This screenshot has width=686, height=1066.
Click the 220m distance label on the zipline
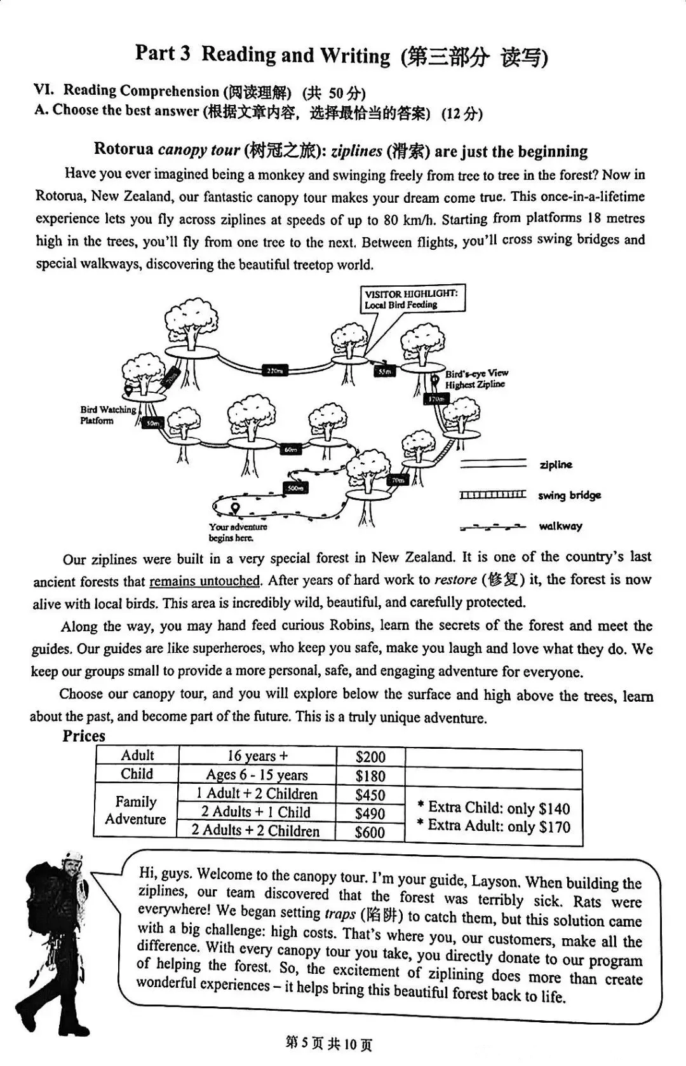(x=275, y=371)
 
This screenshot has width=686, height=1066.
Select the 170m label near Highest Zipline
(x=436, y=399)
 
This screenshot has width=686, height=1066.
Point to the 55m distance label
(x=384, y=371)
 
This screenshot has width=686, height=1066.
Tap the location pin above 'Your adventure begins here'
(x=236, y=509)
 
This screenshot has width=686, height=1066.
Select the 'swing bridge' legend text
(x=569, y=495)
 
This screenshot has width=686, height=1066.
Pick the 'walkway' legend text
(x=560, y=526)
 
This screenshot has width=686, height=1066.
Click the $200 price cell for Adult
(x=370, y=756)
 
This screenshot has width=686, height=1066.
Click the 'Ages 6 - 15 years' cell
(x=257, y=775)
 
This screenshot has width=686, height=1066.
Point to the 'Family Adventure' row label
(x=135, y=810)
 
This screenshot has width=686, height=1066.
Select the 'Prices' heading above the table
(x=84, y=736)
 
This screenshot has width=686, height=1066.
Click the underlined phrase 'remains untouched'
(x=205, y=580)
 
